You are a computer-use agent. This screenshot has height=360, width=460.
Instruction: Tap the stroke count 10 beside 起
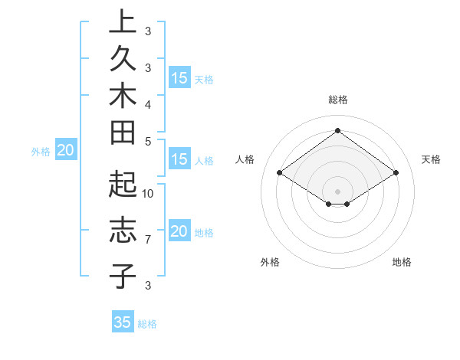(149, 193)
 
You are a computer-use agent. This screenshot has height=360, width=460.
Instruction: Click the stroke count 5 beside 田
(148, 141)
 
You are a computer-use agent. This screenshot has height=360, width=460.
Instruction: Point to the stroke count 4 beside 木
(148, 103)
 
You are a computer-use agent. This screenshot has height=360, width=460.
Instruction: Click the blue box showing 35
(123, 322)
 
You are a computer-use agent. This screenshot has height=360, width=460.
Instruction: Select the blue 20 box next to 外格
(66, 151)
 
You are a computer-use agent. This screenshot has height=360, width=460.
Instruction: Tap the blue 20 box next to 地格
(179, 232)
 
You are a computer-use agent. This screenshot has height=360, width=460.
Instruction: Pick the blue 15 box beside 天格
(179, 78)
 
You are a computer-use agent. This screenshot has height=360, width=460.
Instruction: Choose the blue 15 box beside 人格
(179, 160)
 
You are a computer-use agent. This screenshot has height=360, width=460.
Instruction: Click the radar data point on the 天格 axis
(396, 173)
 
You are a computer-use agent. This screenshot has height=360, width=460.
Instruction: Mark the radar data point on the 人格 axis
(280, 173)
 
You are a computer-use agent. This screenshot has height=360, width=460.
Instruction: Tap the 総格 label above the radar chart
(338, 100)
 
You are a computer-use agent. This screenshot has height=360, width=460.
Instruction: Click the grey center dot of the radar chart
(338, 191)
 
